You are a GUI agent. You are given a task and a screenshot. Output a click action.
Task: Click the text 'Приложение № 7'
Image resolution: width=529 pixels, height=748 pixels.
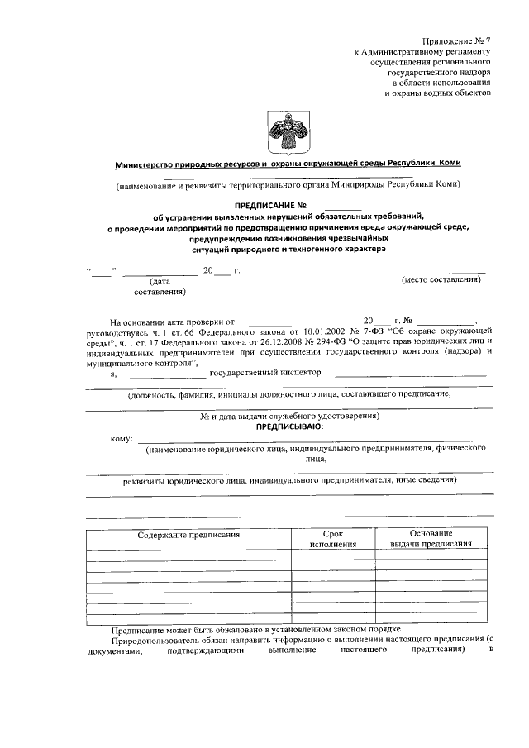(457, 40)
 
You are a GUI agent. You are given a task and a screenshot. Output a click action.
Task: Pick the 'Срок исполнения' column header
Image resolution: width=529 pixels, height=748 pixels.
(333, 539)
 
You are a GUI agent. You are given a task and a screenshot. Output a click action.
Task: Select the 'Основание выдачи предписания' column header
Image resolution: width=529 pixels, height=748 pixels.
(430, 539)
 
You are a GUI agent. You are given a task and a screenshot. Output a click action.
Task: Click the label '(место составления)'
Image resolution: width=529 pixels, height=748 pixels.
(440, 280)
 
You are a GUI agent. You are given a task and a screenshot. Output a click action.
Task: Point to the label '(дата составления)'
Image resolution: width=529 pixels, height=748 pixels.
(159, 286)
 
